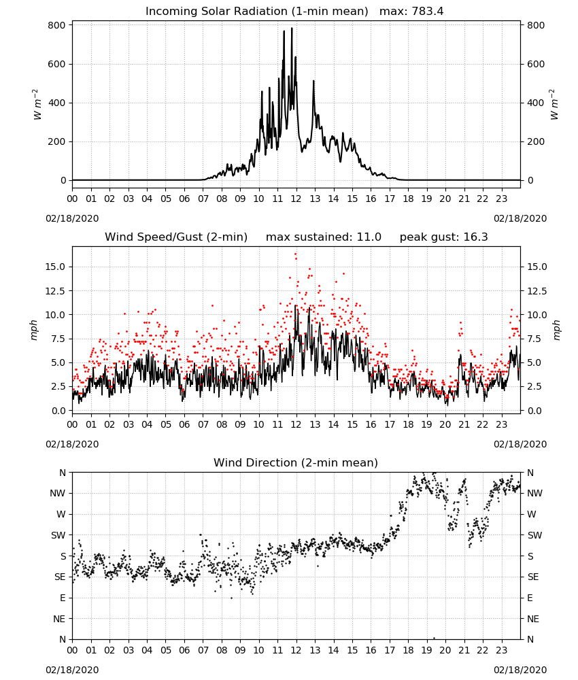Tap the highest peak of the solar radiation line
pos(292,28)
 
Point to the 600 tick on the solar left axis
pos(57,64)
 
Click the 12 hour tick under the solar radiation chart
pos(296,199)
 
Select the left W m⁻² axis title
pos(37,105)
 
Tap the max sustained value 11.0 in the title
pos(369,237)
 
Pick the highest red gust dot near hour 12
pos(295,254)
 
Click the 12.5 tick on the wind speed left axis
pos(56,291)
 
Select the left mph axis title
pos(33,330)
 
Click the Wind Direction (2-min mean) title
pos(296,462)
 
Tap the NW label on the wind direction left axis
pos(58,493)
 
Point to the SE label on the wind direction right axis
pos(533,577)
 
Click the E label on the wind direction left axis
pos(63,598)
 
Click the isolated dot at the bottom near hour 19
pos(434,638)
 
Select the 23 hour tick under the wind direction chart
pos(501,649)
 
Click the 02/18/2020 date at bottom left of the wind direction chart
pos(72,670)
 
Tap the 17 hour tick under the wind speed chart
pos(390,424)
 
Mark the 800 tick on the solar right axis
pos(536,25)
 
